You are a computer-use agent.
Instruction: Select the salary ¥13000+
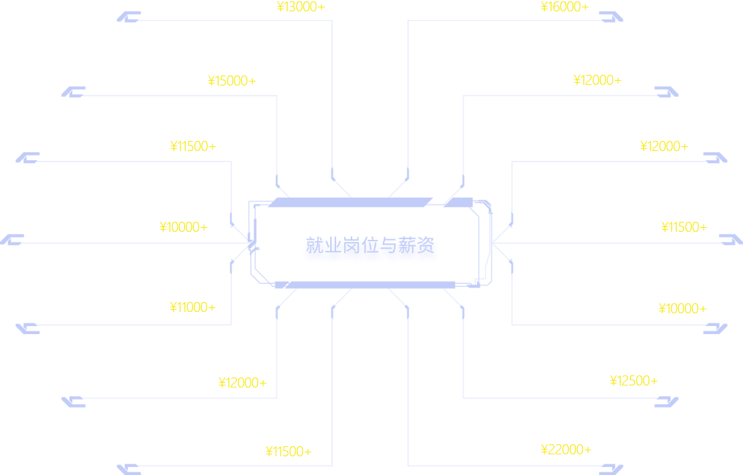300,7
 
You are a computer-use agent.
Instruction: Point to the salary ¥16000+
565,7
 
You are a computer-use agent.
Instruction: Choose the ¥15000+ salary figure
232,81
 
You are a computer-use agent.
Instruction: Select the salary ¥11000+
192,307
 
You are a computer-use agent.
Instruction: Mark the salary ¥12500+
633,381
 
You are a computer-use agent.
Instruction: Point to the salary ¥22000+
566,450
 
